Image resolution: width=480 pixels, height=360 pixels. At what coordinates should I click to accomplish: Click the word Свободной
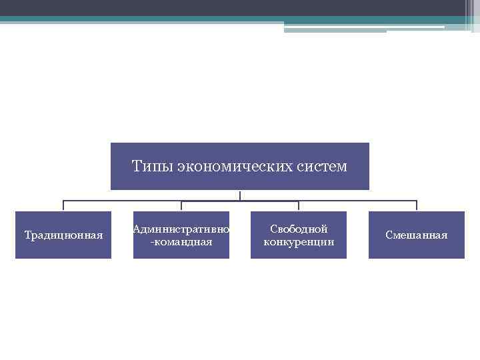pyautogui.click(x=299, y=229)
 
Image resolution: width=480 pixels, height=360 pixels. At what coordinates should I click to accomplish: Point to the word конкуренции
pyautogui.click(x=299, y=241)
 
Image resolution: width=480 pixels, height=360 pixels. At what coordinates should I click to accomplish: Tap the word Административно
pyautogui.click(x=181, y=229)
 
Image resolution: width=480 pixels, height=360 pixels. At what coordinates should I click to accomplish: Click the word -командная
pyautogui.click(x=181, y=241)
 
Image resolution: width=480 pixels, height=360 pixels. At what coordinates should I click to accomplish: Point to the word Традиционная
pyautogui.click(x=63, y=235)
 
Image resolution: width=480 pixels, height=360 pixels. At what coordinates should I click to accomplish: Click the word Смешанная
pyautogui.click(x=417, y=235)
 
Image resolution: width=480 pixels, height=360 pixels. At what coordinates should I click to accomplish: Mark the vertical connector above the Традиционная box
pyautogui.click(x=63, y=206)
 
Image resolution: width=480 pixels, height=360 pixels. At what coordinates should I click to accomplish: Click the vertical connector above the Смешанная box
pyautogui.click(x=417, y=206)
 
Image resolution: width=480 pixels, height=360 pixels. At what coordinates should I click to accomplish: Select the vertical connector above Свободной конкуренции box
pyautogui.click(x=299, y=206)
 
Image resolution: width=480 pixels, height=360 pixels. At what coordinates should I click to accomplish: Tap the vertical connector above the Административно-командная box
pyautogui.click(x=181, y=206)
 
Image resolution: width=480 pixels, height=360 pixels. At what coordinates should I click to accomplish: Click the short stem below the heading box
pyautogui.click(x=240, y=195)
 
